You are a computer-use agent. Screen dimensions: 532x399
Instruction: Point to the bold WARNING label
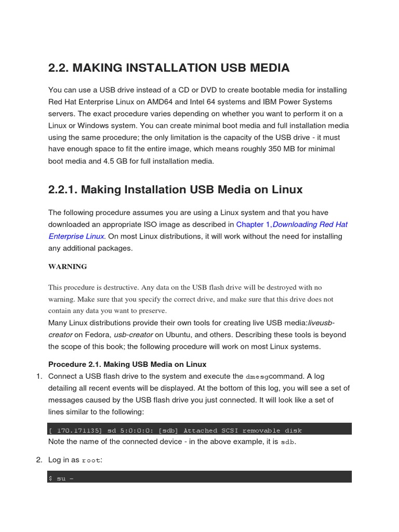click(x=68, y=267)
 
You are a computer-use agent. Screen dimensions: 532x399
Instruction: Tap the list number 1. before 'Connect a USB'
click(x=39, y=376)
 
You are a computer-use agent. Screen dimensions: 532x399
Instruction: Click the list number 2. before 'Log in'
click(x=39, y=460)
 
